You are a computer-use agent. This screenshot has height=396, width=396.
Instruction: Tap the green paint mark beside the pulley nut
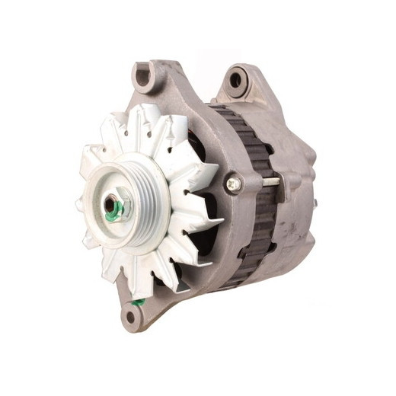(x=112, y=216)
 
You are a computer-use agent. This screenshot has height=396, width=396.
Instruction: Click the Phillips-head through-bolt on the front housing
(x=233, y=184)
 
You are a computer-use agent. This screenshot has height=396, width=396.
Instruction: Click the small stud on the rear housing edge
(x=314, y=203)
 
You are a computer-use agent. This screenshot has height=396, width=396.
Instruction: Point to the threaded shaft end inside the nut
(x=113, y=203)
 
